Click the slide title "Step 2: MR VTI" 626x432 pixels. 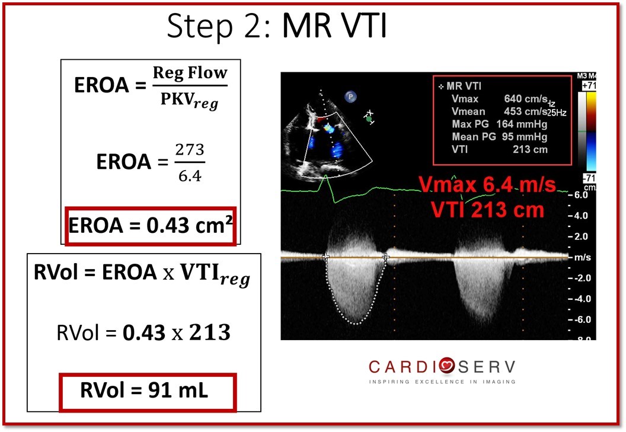[x=276, y=26]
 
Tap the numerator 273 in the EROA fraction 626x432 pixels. [x=190, y=150]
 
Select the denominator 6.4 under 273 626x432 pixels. [x=190, y=175]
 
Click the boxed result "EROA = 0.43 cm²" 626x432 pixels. [x=151, y=225]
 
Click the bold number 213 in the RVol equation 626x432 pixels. [x=210, y=332]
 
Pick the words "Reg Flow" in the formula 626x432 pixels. [x=190, y=73]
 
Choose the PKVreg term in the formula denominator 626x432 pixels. [x=190, y=100]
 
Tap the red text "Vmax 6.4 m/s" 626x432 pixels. [x=487, y=185]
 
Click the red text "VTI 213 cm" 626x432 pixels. [x=487, y=210]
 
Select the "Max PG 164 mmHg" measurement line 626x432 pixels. [x=500, y=124]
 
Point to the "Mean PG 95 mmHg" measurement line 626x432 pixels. [x=500, y=136]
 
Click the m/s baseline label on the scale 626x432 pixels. [x=583, y=258]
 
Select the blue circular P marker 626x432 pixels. [x=350, y=97]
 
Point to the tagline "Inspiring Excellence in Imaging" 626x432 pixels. [x=442, y=382]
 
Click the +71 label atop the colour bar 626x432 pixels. [x=589, y=85]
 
